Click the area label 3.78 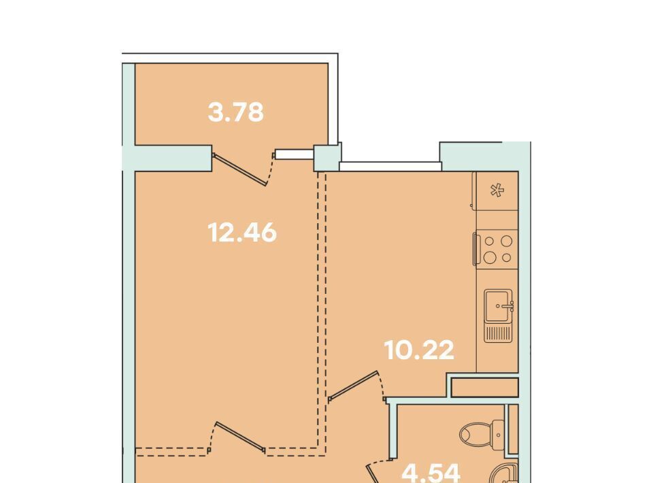(x=236, y=112)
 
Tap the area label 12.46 (x=242, y=233)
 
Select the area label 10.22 (x=419, y=350)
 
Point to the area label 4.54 (x=431, y=473)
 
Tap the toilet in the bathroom (x=482, y=434)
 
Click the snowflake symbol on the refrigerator (x=497, y=190)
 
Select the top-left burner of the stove (x=489, y=241)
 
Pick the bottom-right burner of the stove (x=506, y=258)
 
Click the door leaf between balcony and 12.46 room (x=240, y=169)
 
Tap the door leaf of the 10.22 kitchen (x=353, y=386)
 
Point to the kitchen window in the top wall (x=390, y=167)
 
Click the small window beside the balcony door (x=295, y=154)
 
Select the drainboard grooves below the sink (x=498, y=333)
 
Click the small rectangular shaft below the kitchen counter (x=485, y=387)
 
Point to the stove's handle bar (x=474, y=249)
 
